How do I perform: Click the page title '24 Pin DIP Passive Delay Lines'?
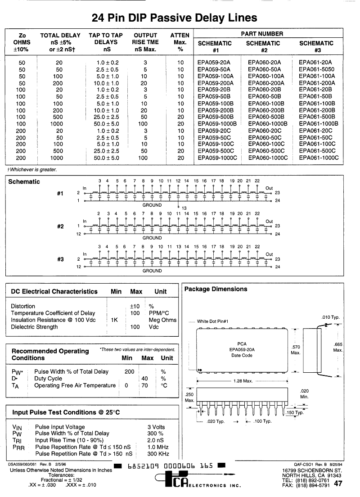click(x=174, y=18)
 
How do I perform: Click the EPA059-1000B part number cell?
click(x=217, y=123)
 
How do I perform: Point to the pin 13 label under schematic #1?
click(x=184, y=208)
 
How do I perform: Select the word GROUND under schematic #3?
click(x=152, y=271)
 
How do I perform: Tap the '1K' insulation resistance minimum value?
click(x=115, y=320)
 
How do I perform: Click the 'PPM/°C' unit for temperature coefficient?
click(x=158, y=313)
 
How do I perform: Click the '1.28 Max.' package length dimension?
click(x=243, y=381)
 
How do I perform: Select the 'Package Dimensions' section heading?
click(x=216, y=289)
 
